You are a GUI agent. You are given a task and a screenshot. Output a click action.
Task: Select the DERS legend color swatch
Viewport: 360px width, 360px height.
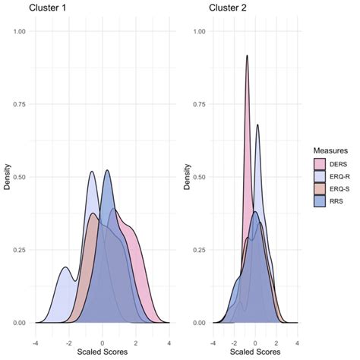click(x=321, y=163)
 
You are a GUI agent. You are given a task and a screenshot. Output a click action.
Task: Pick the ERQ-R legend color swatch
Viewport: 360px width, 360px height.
click(x=321, y=175)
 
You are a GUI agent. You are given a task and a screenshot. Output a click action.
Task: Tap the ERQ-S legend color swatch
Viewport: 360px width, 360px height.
click(x=321, y=188)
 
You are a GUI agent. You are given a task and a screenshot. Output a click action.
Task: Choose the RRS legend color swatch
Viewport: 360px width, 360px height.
click(x=321, y=201)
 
